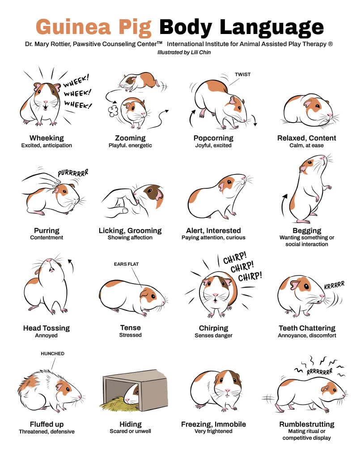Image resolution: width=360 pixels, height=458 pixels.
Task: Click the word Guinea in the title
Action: point(73,27)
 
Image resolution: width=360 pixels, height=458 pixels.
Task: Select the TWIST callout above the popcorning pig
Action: point(243,75)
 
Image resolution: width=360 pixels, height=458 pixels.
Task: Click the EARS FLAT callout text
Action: point(126,264)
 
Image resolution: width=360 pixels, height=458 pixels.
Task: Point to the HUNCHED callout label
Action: point(53,353)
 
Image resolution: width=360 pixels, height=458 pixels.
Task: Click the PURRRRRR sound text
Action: point(73,173)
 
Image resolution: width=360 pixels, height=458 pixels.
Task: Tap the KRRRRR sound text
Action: point(335,285)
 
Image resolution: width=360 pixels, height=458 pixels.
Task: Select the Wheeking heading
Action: point(47,138)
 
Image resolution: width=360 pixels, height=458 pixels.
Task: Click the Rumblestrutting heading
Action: point(307,424)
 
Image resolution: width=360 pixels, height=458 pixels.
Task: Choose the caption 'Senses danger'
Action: point(213,335)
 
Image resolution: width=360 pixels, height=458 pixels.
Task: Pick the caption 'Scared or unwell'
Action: point(131,431)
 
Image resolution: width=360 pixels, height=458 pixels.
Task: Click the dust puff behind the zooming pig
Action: point(113,110)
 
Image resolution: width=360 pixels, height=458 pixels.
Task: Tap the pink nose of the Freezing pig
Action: point(228,390)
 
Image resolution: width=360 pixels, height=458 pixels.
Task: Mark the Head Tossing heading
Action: point(47,328)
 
